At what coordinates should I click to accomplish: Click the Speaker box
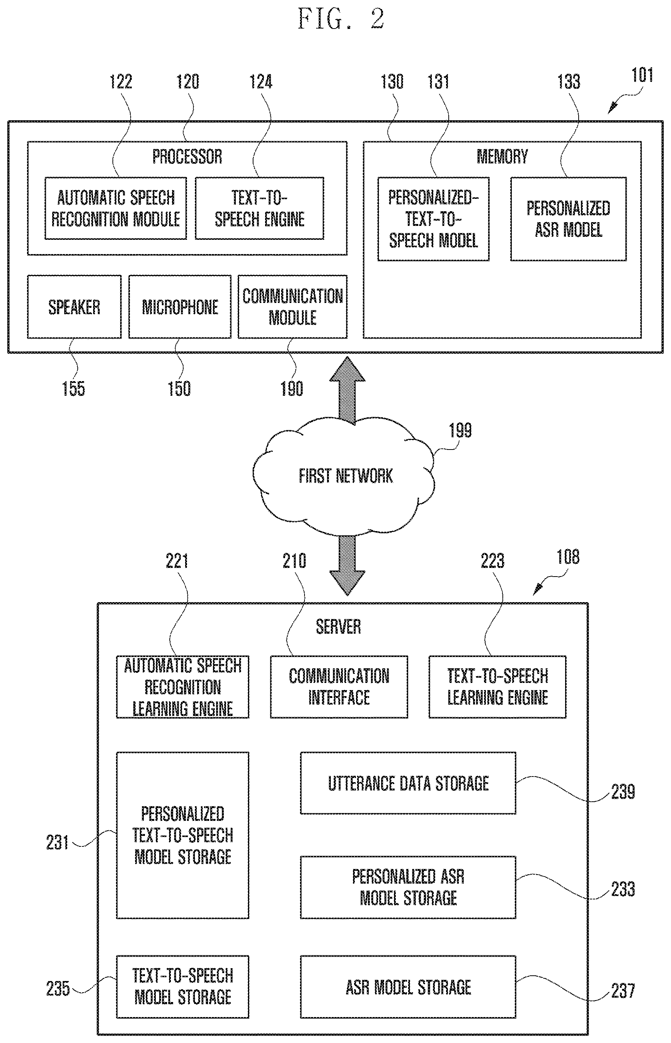[74, 307]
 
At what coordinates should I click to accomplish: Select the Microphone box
[180, 307]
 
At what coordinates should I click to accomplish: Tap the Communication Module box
[293, 307]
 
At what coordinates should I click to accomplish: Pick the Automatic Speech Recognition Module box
[116, 208]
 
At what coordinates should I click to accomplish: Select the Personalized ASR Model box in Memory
[568, 219]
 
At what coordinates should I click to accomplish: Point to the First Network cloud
[344, 475]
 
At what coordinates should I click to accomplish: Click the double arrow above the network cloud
[347, 390]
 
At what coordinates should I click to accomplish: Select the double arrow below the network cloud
[347, 565]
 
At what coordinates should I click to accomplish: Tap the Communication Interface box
[339, 687]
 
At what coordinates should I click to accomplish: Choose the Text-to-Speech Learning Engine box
[497, 687]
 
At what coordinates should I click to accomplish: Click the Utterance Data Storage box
[408, 783]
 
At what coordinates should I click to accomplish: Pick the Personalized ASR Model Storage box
[408, 887]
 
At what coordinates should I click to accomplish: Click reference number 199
[460, 430]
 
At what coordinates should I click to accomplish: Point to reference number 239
[623, 792]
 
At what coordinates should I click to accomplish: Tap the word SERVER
[338, 627]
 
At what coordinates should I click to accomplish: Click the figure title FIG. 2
[341, 19]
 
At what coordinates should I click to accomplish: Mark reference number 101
[642, 75]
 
